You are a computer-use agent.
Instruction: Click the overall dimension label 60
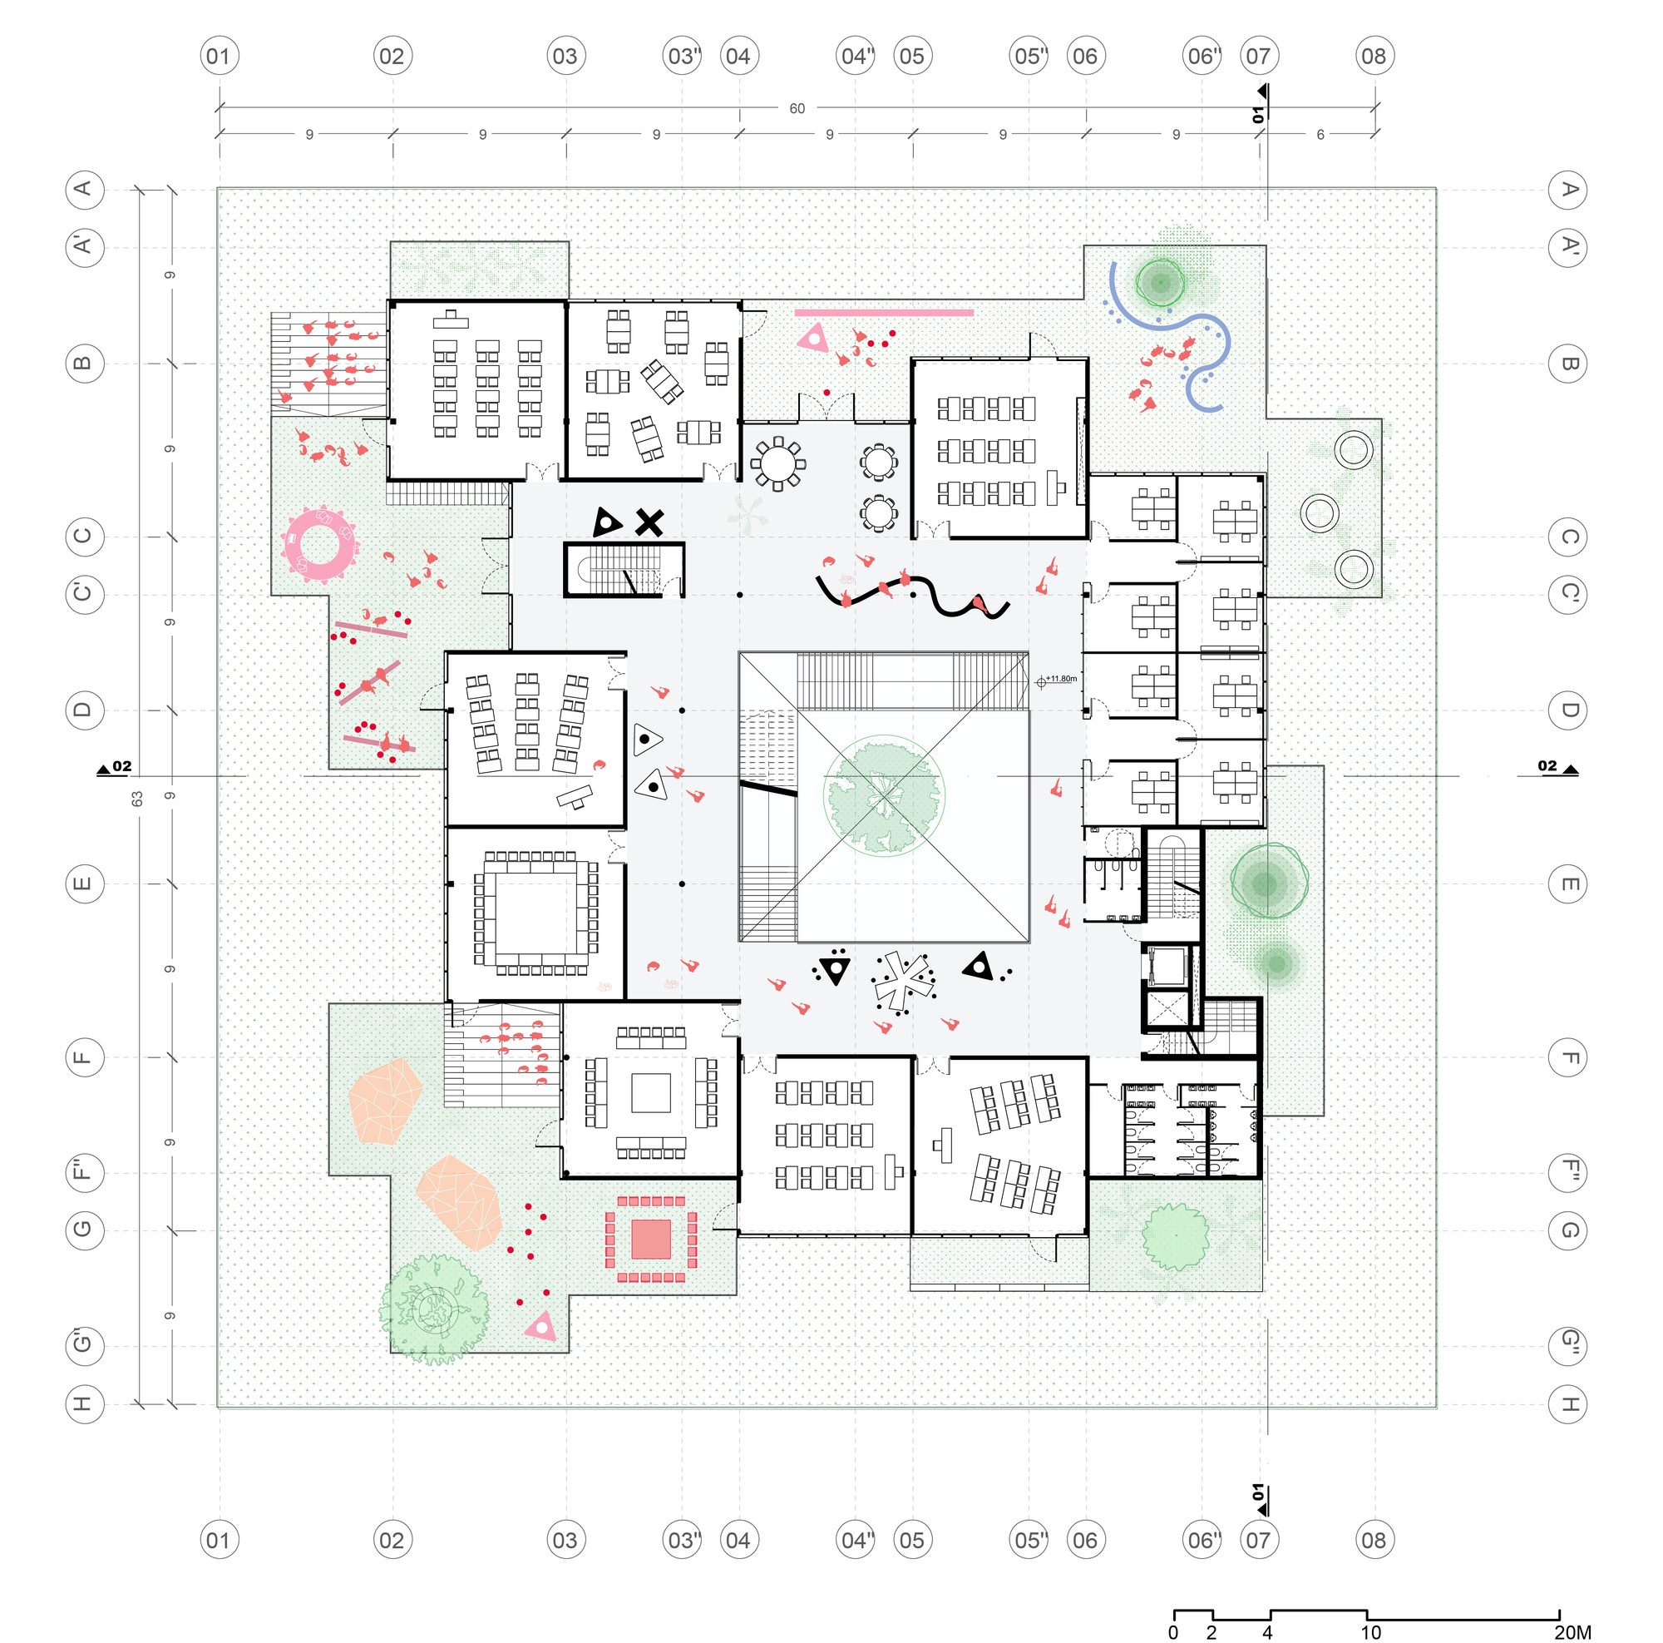coord(797,108)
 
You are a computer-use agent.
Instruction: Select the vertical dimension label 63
coord(137,799)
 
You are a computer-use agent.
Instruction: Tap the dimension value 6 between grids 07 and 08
coord(1320,134)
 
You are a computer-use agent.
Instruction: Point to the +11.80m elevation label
coord(1061,679)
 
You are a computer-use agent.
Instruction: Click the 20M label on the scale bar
coord(1572,1633)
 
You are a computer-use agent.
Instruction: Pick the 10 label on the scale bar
coord(1370,1633)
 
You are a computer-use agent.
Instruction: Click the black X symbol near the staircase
coord(650,522)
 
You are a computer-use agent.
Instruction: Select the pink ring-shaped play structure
coord(318,544)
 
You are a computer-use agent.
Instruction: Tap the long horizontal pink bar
coord(884,313)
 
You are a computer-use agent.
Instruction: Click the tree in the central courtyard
coord(884,794)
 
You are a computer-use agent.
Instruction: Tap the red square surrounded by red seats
coord(651,1240)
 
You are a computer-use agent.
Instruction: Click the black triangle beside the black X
coord(607,522)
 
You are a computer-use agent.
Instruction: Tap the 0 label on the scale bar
coord(1173,1633)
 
